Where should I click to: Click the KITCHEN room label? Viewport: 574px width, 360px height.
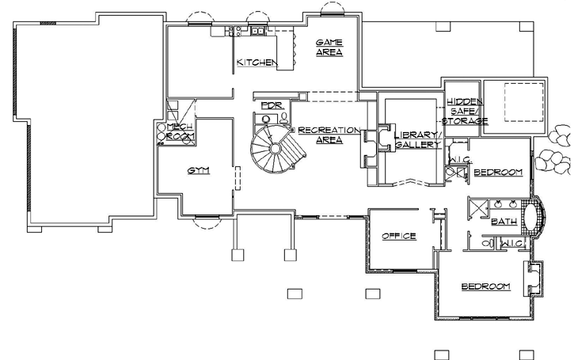tap(256, 62)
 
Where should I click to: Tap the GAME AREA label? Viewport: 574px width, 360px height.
tap(329, 47)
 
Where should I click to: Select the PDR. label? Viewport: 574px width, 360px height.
tap(272, 104)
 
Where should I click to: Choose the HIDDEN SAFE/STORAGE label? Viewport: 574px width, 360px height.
tap(466, 111)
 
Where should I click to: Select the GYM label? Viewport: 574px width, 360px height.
tap(198, 170)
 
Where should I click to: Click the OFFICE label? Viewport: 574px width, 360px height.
tap(398, 236)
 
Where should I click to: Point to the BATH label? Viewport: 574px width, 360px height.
tap(504, 222)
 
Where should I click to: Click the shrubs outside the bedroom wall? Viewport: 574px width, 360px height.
tap(554, 154)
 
